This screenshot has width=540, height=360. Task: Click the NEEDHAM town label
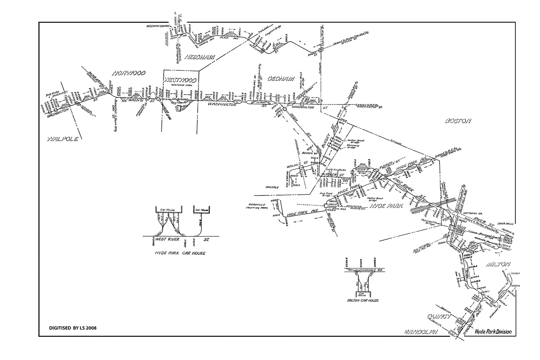(x=200, y=57)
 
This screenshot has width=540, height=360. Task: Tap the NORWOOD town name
(x=129, y=73)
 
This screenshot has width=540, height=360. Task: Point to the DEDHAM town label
(x=280, y=79)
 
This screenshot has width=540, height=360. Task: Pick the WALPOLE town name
(x=62, y=139)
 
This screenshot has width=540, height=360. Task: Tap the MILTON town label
(x=498, y=264)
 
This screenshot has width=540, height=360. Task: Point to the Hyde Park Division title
(x=493, y=332)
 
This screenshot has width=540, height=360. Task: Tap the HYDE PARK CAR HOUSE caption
(x=180, y=253)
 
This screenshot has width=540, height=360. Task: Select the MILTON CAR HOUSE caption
(x=363, y=300)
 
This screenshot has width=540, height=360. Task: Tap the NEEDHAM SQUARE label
(x=158, y=26)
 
